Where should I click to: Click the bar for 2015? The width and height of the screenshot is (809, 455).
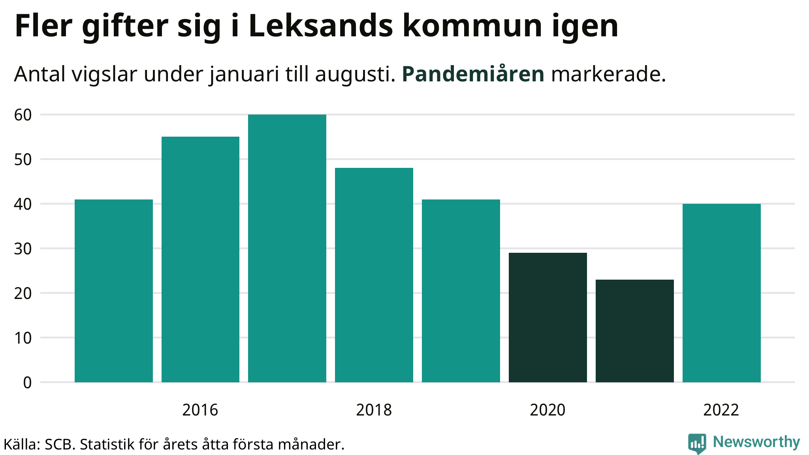pyautogui.click(x=114, y=291)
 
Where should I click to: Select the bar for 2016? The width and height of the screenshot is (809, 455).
pyautogui.click(x=200, y=259)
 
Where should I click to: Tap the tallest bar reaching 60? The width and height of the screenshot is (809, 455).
pyautogui.click(x=287, y=248)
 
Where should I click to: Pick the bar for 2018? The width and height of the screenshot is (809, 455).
pyautogui.click(x=374, y=275)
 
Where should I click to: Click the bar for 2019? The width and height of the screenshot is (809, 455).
pyautogui.click(x=461, y=291)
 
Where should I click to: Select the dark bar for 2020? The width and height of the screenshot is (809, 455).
pyautogui.click(x=548, y=317)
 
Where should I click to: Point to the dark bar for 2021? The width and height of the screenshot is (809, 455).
pyautogui.click(x=635, y=331)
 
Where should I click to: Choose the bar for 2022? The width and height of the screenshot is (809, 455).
pyautogui.click(x=722, y=293)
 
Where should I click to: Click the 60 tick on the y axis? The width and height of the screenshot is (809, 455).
pyautogui.click(x=23, y=115)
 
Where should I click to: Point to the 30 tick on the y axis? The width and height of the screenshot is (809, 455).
pyautogui.click(x=23, y=249)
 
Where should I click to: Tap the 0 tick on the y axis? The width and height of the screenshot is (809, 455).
pyautogui.click(x=27, y=383)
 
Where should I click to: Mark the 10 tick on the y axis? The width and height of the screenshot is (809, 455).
pyautogui.click(x=23, y=338)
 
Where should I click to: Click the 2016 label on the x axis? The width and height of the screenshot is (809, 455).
pyautogui.click(x=200, y=410)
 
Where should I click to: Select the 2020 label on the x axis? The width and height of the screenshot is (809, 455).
pyautogui.click(x=548, y=410)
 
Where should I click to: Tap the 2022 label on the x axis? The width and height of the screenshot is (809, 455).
pyautogui.click(x=721, y=410)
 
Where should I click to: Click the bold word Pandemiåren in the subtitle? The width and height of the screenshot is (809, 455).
pyautogui.click(x=473, y=74)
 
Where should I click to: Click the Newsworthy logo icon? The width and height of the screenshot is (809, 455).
pyautogui.click(x=697, y=443)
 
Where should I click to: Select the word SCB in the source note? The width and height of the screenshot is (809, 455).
pyautogui.click(x=60, y=444)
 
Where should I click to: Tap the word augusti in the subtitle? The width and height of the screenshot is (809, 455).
pyautogui.click(x=355, y=74)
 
